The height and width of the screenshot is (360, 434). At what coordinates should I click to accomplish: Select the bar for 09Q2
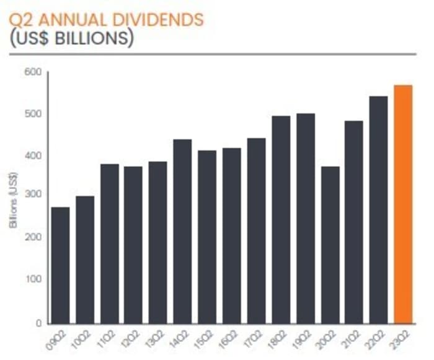coord(60,265)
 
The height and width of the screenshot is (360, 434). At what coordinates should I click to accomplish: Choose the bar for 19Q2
coord(305,217)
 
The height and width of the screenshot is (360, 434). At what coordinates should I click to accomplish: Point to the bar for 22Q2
coord(378,209)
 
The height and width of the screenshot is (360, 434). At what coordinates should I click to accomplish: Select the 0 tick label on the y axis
coord(38,323)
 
